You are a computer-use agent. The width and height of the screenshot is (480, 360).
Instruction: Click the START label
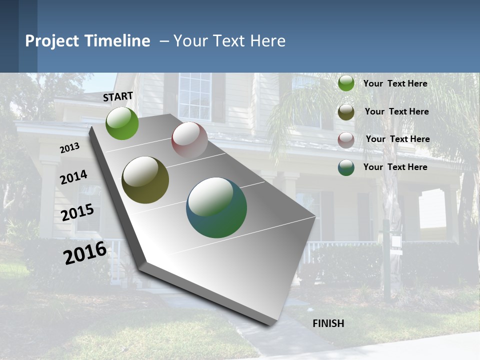(118, 96)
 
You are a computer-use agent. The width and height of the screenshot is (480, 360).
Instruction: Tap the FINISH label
(328, 323)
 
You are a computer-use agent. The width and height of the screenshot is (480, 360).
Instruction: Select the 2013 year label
(69, 148)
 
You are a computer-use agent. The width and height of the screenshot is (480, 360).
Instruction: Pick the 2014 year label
(73, 177)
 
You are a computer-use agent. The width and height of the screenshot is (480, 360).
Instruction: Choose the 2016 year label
(85, 253)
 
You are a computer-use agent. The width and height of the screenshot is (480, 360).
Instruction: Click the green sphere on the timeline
(122, 123)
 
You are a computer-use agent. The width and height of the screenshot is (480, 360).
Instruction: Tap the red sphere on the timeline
(189, 140)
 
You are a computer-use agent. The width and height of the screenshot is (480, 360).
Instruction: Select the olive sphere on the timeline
(145, 180)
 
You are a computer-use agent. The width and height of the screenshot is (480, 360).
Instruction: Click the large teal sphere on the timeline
(216, 207)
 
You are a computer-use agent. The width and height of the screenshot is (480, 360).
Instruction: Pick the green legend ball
(346, 83)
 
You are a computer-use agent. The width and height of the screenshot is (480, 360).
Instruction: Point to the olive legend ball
(346, 112)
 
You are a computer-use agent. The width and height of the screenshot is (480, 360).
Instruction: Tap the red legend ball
(346, 140)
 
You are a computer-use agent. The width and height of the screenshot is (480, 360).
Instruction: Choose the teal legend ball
(346, 167)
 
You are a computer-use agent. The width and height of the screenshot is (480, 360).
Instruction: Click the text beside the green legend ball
(395, 83)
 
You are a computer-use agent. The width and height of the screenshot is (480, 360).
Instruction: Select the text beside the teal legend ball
(395, 167)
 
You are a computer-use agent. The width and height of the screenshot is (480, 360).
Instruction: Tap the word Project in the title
(52, 41)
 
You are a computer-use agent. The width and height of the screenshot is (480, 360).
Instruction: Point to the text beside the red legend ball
(397, 139)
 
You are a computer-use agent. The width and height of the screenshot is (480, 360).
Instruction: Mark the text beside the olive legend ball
(396, 111)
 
